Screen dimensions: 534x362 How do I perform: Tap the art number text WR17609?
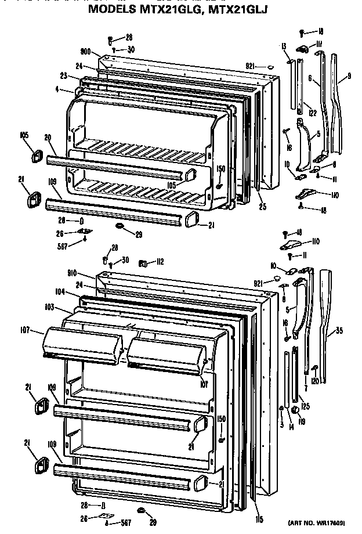tap(330, 522)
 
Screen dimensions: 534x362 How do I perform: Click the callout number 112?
tap(158, 262)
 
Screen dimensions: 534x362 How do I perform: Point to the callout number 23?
tap(64, 75)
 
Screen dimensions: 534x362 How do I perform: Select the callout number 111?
tap(320, 44)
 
